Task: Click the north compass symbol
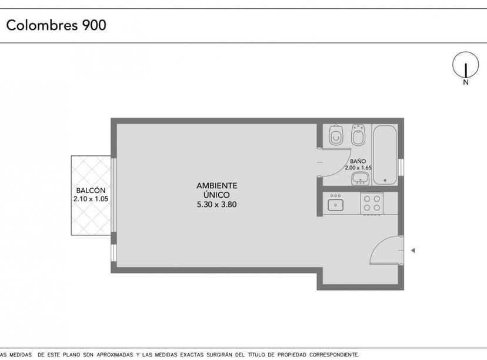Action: [x=465, y=65]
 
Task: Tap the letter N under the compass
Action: [x=466, y=83]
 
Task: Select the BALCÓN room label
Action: [x=91, y=191]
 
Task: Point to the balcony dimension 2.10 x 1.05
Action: [x=91, y=199]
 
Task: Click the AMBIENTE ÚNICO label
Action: [x=216, y=189]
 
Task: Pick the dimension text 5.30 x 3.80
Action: [x=216, y=205]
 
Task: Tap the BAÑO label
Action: [x=358, y=161]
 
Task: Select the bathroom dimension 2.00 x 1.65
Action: [x=359, y=168]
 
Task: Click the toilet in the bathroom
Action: [x=336, y=136]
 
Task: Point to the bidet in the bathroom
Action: [x=358, y=136]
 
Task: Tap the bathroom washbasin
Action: [x=360, y=178]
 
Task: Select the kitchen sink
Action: [x=336, y=204]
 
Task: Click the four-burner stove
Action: [x=372, y=203]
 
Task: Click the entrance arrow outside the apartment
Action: [x=413, y=251]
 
